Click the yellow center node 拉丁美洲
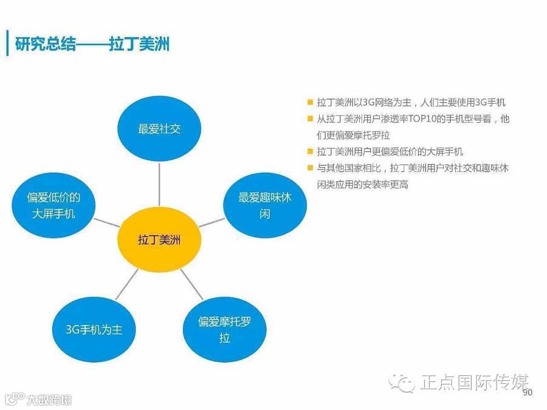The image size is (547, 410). click(x=159, y=240)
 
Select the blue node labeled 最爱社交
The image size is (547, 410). click(x=159, y=129)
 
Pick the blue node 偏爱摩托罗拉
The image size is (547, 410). click(x=224, y=329)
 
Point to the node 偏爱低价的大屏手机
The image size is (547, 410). click(x=53, y=205)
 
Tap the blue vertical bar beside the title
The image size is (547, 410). click(x=7, y=44)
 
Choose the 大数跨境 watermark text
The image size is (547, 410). click(x=49, y=400)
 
